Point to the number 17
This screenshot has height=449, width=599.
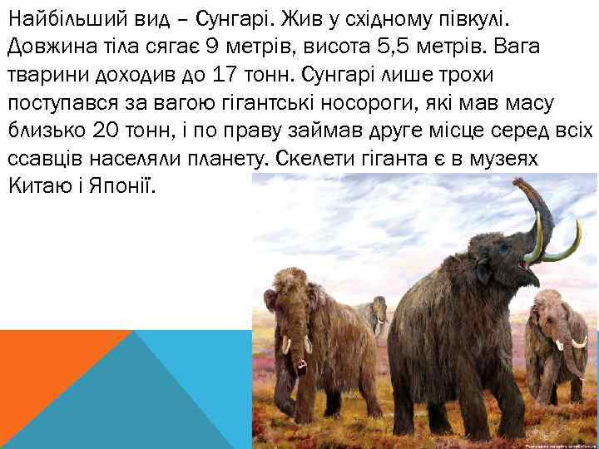(225, 75)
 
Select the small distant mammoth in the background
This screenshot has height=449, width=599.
(371, 314)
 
